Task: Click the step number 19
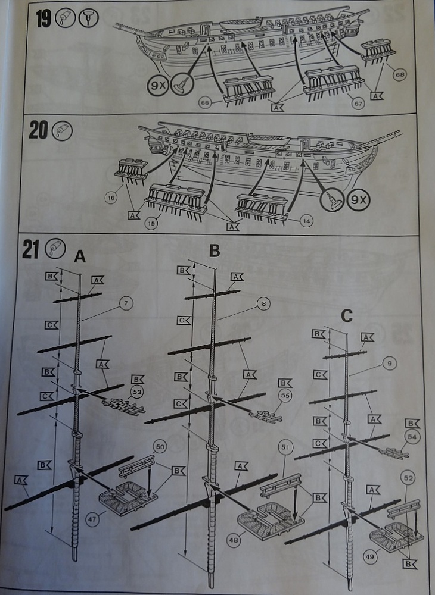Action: pyautogui.click(x=43, y=18)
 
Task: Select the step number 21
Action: pyautogui.click(x=32, y=249)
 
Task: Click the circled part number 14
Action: pyautogui.click(x=306, y=221)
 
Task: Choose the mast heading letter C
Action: pyautogui.click(x=347, y=316)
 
